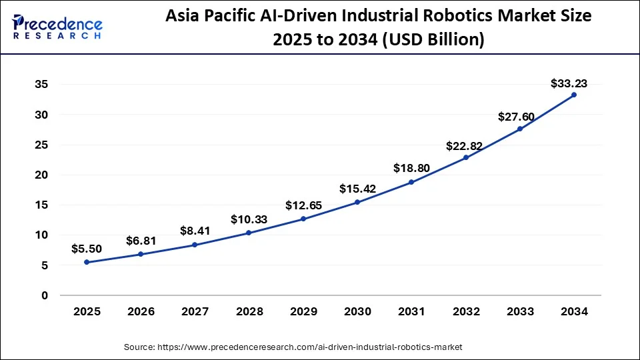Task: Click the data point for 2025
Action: tap(87, 262)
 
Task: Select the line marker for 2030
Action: tap(357, 202)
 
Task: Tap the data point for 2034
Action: tap(574, 95)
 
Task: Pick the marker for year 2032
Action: tap(465, 157)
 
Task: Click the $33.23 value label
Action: tap(569, 83)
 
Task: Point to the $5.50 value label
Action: tap(87, 249)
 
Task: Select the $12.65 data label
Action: tap(303, 205)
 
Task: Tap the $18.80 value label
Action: tap(411, 168)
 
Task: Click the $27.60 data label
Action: tap(516, 117)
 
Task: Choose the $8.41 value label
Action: tap(195, 231)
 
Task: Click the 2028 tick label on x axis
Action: tap(249, 311)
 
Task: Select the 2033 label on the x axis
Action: tap(519, 311)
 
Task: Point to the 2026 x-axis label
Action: tap(141, 311)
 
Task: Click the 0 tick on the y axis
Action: tap(44, 295)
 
